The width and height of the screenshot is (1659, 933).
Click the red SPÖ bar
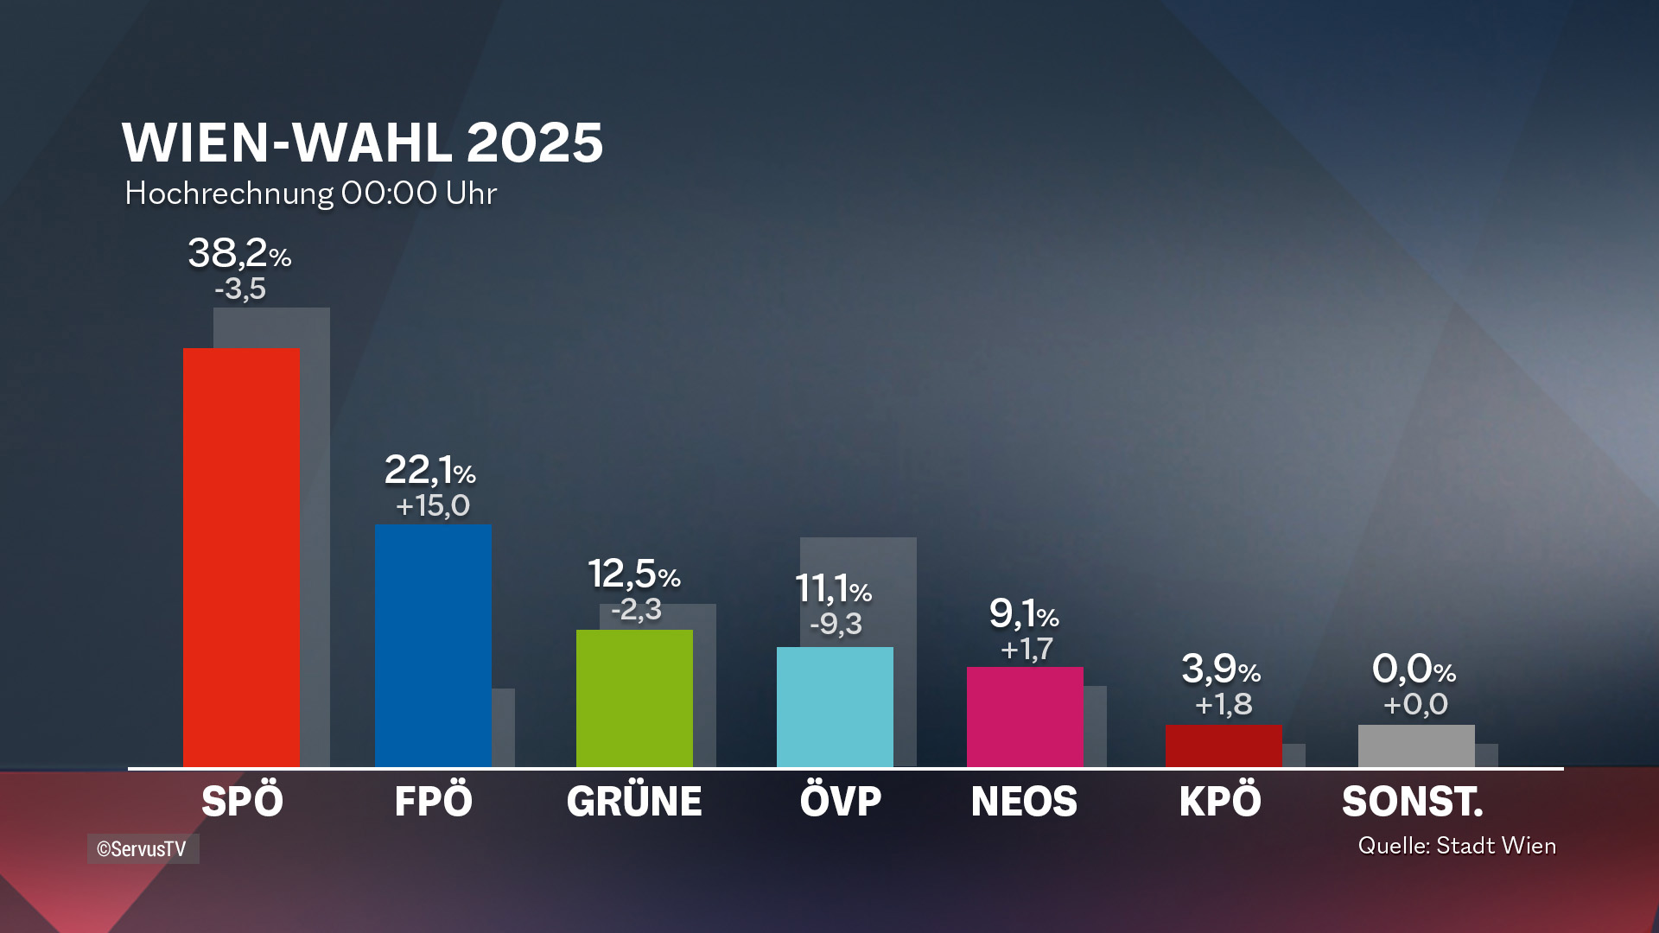[x=241, y=557]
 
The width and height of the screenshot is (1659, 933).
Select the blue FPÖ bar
[x=433, y=645]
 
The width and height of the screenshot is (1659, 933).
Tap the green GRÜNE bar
[x=634, y=698]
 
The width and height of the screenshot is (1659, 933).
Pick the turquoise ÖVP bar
[x=835, y=707]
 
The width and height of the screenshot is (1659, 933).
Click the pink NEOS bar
[x=1025, y=716]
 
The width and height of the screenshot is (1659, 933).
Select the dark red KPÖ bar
[x=1224, y=746]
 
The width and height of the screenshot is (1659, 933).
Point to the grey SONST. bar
[x=1416, y=746]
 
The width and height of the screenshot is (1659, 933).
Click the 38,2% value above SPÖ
[x=239, y=254]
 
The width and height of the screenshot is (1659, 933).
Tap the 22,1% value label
[x=429, y=471]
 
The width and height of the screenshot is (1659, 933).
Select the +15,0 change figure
[x=433, y=506]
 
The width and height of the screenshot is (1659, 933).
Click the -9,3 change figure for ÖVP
[x=836, y=624]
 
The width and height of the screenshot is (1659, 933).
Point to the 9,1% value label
[x=1024, y=614]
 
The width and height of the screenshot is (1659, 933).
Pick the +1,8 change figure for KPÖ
[x=1224, y=705]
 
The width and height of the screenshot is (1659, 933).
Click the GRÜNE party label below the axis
[x=634, y=802]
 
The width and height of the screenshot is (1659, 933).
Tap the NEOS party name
[x=1024, y=802]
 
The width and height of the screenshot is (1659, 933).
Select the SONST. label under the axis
[x=1413, y=802]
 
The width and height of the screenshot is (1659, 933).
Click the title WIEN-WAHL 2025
[x=362, y=143]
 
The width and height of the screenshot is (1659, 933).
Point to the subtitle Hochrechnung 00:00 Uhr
[x=310, y=194]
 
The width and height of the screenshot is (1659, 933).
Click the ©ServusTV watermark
[x=143, y=849]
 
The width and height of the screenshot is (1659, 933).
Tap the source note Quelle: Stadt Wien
[x=1457, y=846]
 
